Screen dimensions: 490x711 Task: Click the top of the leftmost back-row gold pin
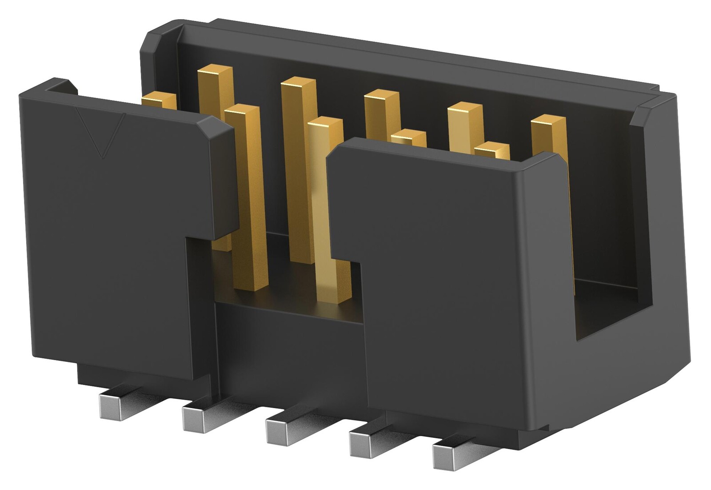216,71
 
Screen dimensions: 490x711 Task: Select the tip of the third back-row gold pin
381,96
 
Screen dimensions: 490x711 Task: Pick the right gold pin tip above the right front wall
491,149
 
